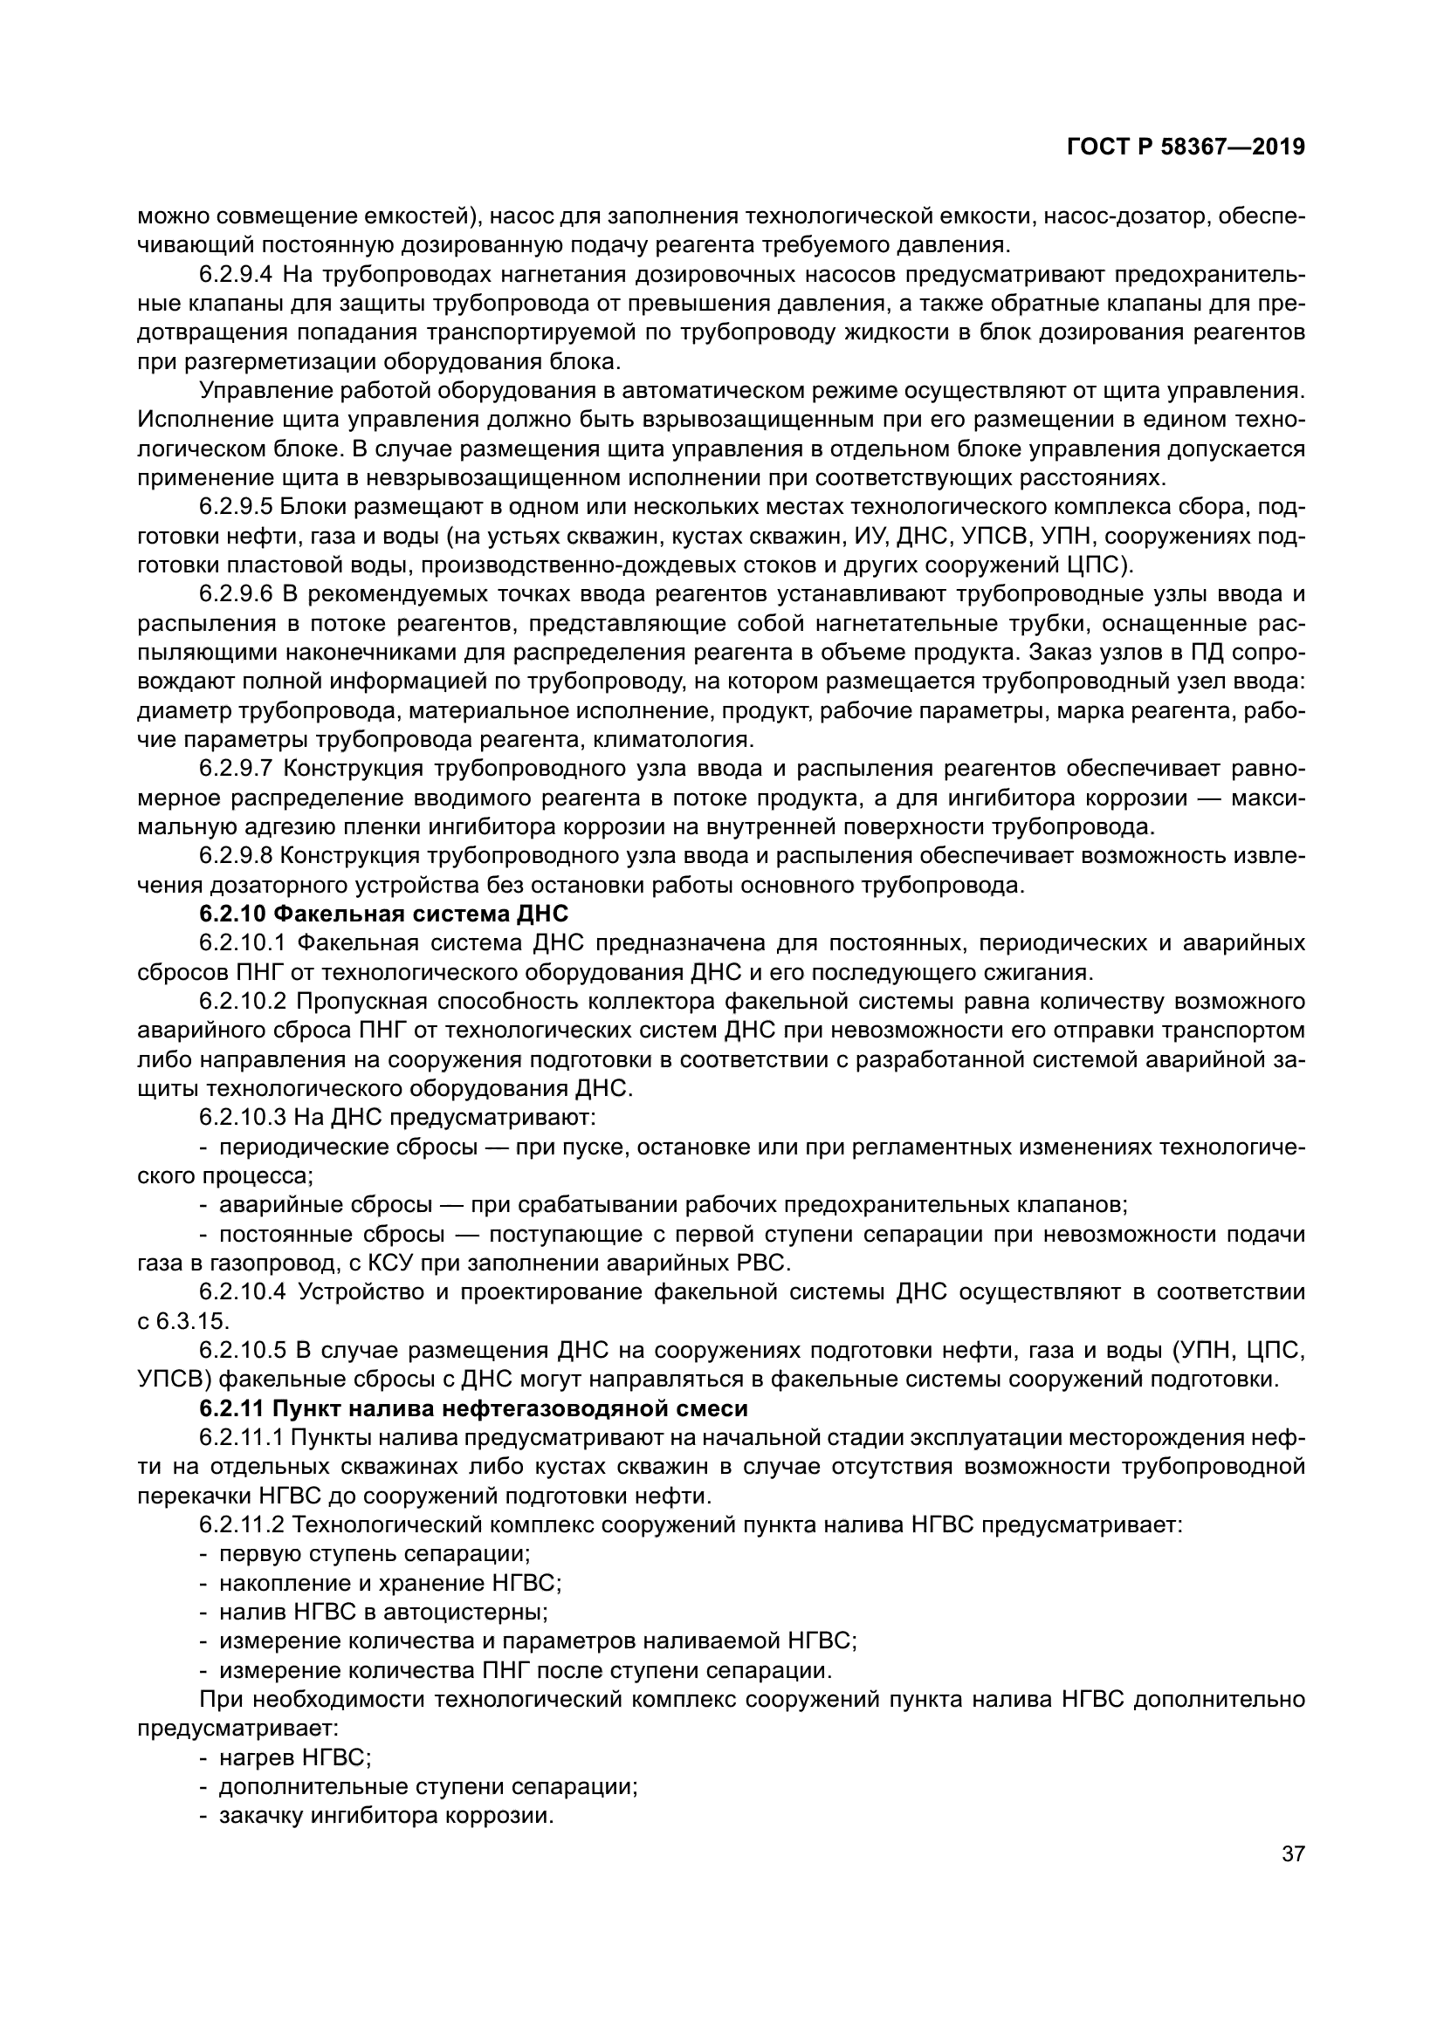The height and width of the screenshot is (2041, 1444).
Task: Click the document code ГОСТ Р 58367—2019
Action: [1186, 147]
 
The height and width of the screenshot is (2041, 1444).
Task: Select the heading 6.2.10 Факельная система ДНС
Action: [383, 914]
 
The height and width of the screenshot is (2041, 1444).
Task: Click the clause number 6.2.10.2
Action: [242, 1001]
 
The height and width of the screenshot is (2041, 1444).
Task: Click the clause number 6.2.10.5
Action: [242, 1350]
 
